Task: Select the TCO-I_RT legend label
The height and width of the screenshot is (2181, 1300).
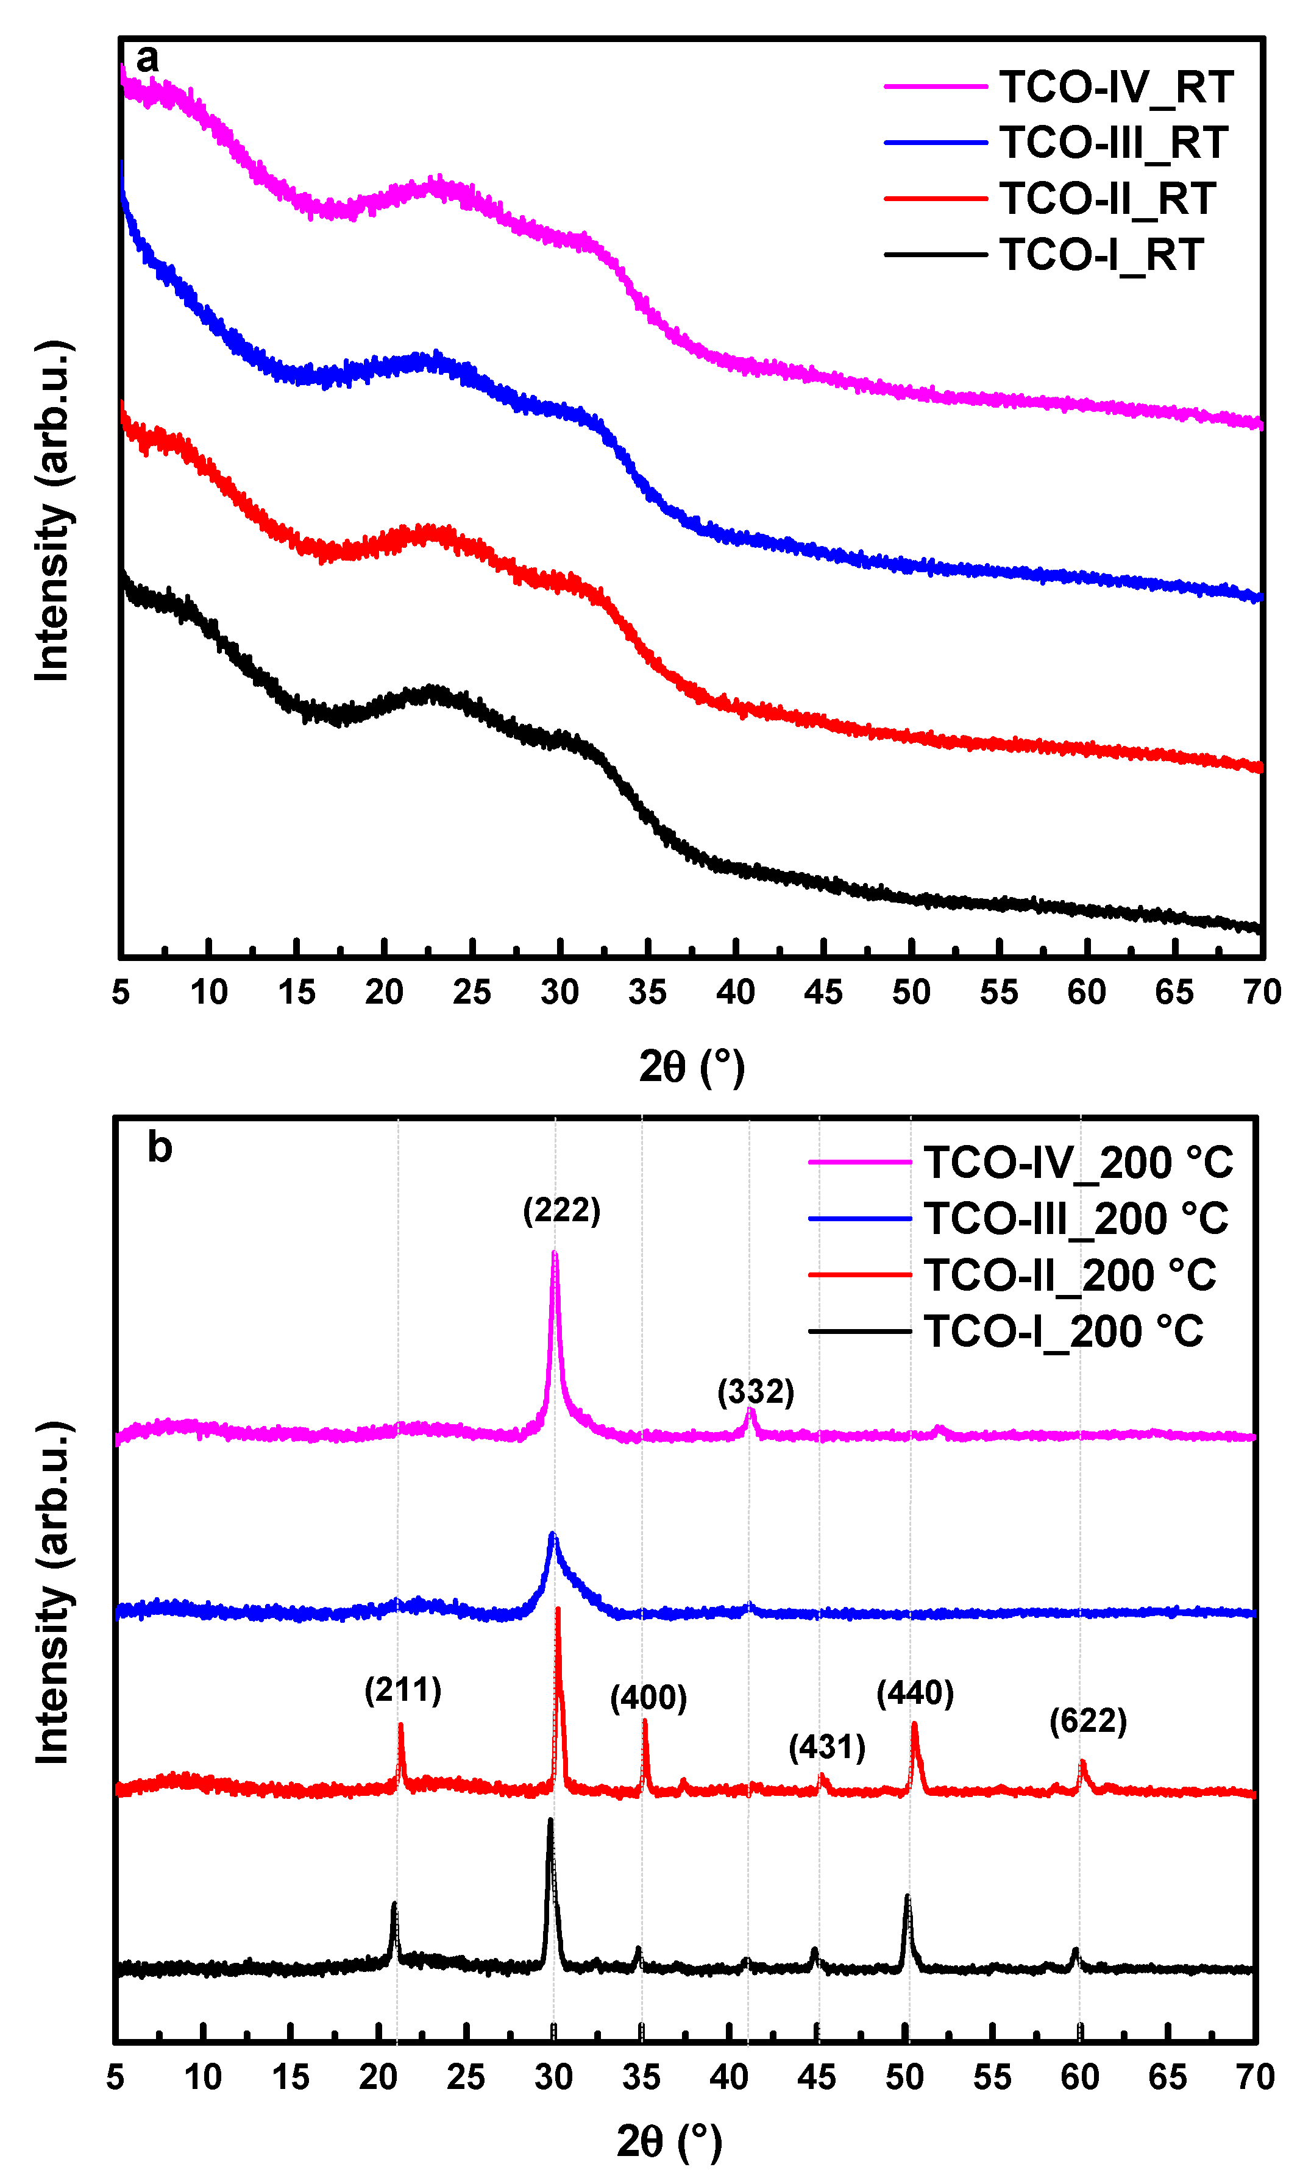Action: coord(1100,255)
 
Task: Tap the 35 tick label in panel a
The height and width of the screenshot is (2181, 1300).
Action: coord(647,993)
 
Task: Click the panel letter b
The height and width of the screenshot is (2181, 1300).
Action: coord(160,1147)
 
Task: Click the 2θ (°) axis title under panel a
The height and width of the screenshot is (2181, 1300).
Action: coord(691,1067)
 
